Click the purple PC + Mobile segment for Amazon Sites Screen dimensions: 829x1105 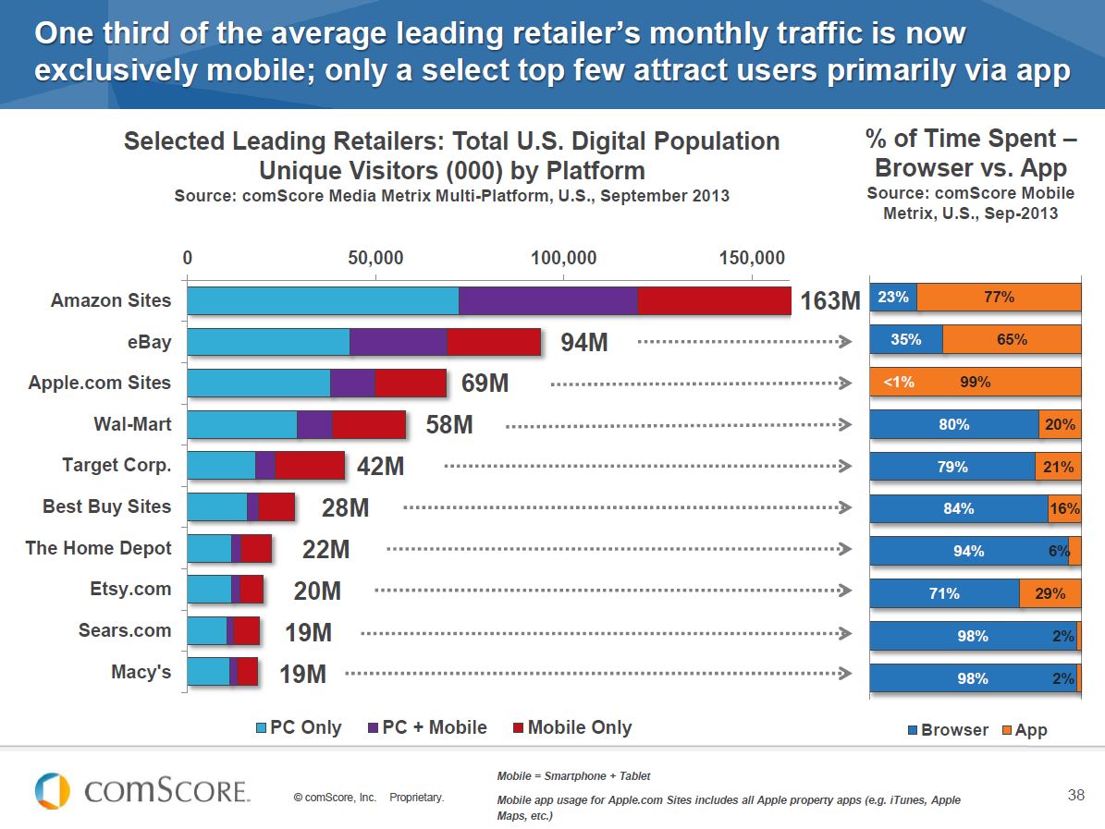(547, 300)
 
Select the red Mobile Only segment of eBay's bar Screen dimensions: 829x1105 (494, 342)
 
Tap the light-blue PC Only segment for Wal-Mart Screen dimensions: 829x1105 (241, 424)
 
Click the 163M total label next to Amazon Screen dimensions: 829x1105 (830, 301)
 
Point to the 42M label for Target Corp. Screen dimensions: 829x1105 (380, 467)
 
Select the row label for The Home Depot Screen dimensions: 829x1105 (98, 548)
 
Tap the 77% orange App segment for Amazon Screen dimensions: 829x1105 (999, 297)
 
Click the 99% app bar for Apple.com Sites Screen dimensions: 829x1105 (976, 382)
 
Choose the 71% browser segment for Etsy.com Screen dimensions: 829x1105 (944, 594)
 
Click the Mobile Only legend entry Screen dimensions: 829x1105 (571, 727)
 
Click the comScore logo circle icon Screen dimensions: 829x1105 (52, 791)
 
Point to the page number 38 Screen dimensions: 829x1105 (1075, 794)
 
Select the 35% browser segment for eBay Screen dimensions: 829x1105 (906, 339)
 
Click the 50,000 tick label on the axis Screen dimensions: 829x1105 (375, 257)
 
